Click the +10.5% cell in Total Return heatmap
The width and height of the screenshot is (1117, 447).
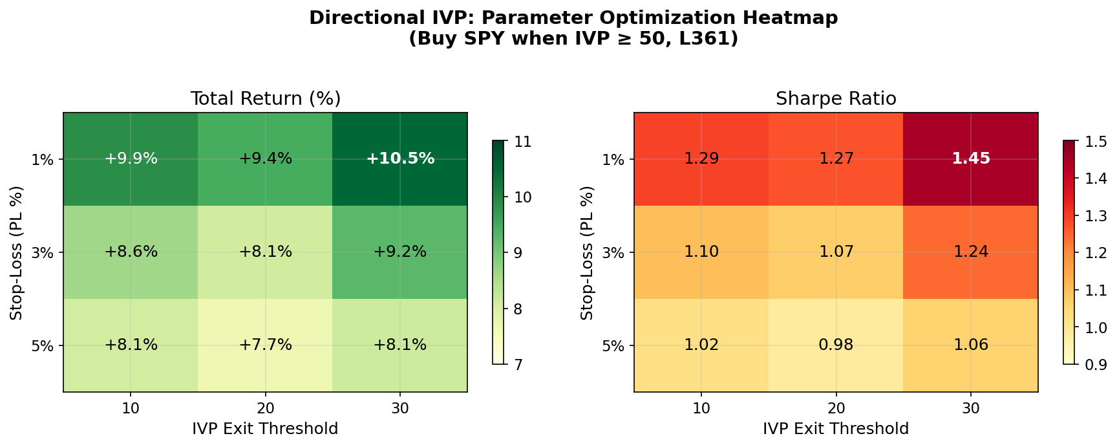point(399,158)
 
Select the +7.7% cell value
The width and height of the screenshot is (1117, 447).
point(265,345)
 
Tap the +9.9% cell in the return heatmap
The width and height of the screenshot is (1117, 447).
point(131,158)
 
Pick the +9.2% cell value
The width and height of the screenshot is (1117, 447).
point(399,252)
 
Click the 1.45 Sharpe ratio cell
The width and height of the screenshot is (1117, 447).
point(970,158)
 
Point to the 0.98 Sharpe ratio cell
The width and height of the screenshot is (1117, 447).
point(836,345)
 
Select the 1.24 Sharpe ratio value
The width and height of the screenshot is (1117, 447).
point(970,252)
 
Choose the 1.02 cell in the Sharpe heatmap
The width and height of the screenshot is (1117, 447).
point(701,345)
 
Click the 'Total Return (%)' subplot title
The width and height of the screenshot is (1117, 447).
point(265,99)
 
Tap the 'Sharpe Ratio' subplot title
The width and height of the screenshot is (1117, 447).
point(836,99)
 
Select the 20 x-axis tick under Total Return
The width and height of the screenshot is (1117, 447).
point(265,408)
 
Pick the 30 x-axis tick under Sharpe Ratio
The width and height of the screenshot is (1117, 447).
point(970,408)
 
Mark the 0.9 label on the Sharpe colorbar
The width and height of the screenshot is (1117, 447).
point(1096,365)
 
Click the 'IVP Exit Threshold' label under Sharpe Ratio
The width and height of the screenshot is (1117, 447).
point(836,428)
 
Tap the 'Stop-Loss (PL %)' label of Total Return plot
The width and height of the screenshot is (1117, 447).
point(16,252)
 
